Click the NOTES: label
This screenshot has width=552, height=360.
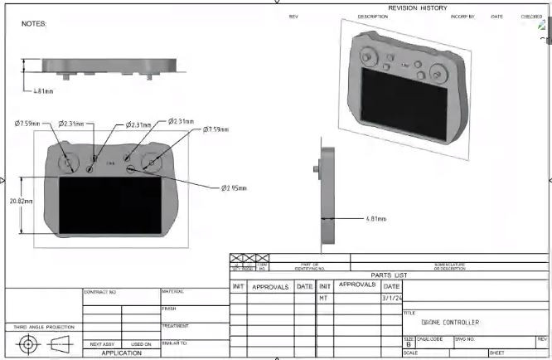coord(34,24)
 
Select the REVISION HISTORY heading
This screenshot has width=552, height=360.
coord(417,8)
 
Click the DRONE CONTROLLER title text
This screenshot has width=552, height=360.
coord(450,323)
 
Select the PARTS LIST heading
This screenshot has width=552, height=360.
coord(389,275)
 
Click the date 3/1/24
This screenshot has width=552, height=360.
coord(391,297)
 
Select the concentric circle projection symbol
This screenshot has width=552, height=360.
coord(27,344)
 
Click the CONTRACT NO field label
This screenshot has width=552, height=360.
coord(101,293)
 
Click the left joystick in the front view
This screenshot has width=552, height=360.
coord(69,163)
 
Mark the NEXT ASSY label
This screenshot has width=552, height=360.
coord(102,343)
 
